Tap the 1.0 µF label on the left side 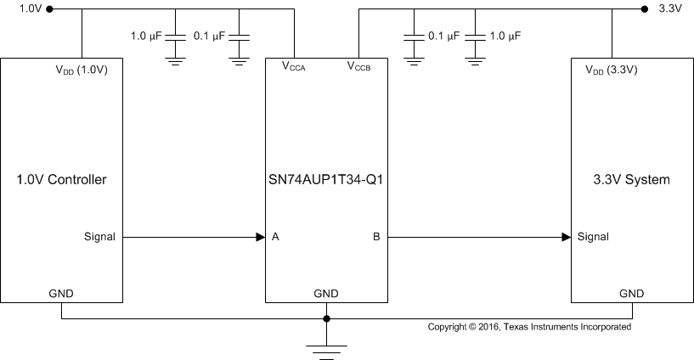point(146,37)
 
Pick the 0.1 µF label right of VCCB point(443,37)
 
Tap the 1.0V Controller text point(63,180)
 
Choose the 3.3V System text point(631,180)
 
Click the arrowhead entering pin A point(260,237)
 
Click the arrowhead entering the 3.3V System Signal point(566,237)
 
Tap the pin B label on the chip point(375,237)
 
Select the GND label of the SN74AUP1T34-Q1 point(326,294)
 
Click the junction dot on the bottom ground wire point(326,320)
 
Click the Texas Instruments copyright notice point(528,326)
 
